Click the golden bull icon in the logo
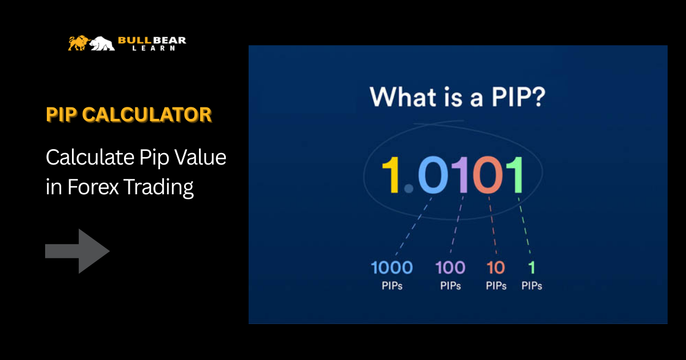[x=78, y=43]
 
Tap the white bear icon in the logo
[x=102, y=43]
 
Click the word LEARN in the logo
[x=153, y=48]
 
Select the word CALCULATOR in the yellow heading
[x=147, y=115]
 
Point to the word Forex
[x=93, y=187]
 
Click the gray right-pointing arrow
[x=77, y=251]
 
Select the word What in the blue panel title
[x=403, y=97]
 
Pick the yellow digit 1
[x=391, y=175]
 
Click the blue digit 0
[x=433, y=175]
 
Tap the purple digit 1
[x=461, y=175]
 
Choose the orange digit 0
[x=488, y=175]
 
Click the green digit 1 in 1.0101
[x=515, y=175]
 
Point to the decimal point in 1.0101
[x=409, y=189]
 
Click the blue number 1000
[x=392, y=267]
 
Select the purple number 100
[x=450, y=267]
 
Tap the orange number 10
[x=496, y=267]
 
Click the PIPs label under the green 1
[x=532, y=286]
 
